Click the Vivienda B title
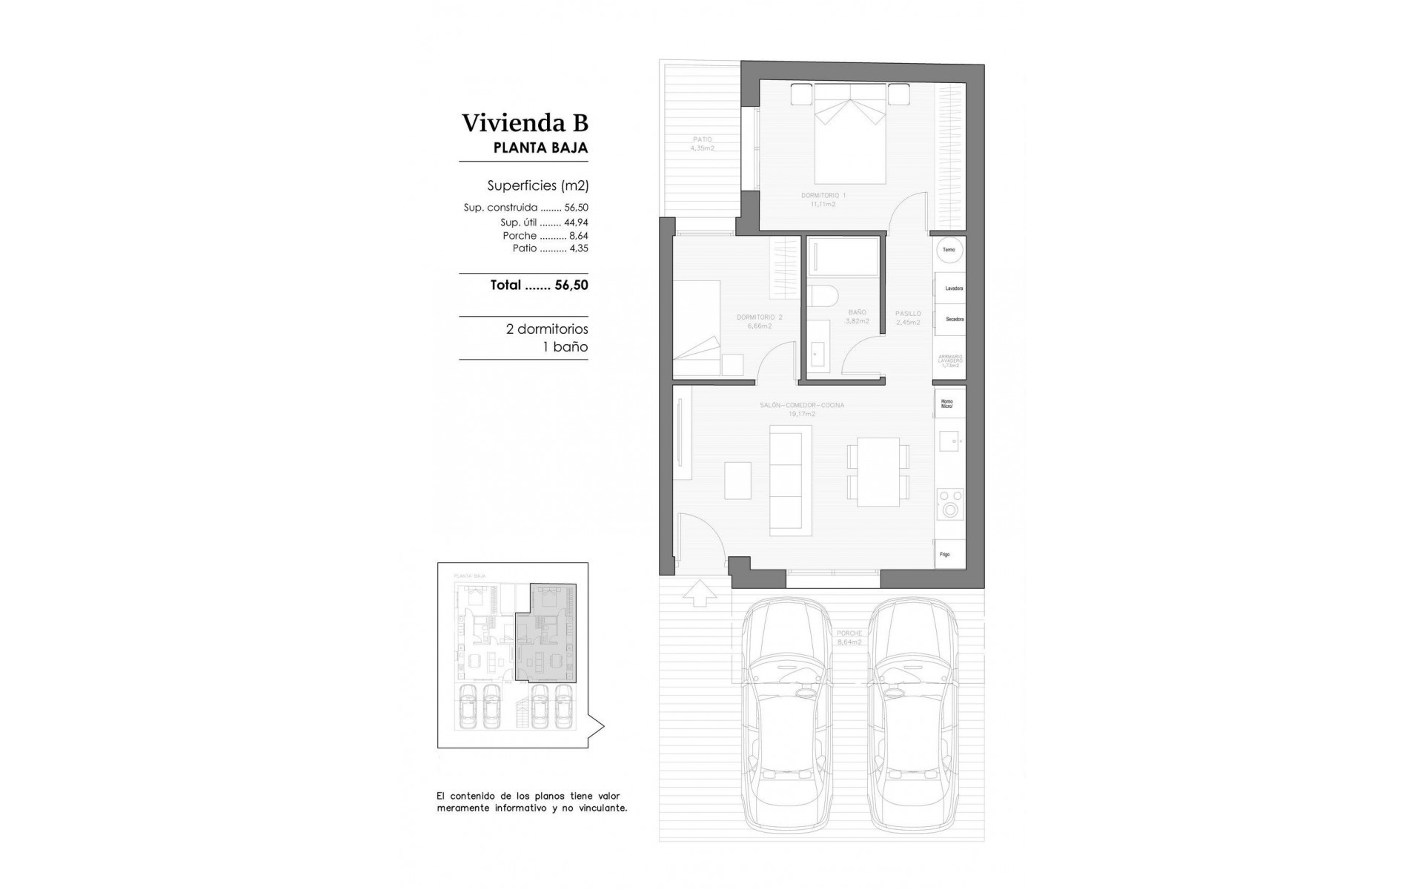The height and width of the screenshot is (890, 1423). point(525,123)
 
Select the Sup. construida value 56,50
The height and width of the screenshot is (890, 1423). point(576,208)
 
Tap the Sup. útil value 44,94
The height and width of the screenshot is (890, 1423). point(576,222)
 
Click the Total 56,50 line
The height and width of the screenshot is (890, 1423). point(539,285)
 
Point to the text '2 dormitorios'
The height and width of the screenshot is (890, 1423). point(546,329)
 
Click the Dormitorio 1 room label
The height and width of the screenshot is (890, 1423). point(823,199)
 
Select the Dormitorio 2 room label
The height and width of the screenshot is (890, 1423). point(759,321)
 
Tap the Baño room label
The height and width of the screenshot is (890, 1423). point(857,317)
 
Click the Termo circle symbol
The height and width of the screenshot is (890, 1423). point(949,250)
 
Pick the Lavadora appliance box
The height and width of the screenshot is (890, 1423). point(950,288)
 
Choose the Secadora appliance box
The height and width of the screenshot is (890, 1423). point(950,319)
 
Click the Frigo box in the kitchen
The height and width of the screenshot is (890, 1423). point(949,554)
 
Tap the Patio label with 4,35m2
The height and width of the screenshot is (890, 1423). point(702,143)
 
